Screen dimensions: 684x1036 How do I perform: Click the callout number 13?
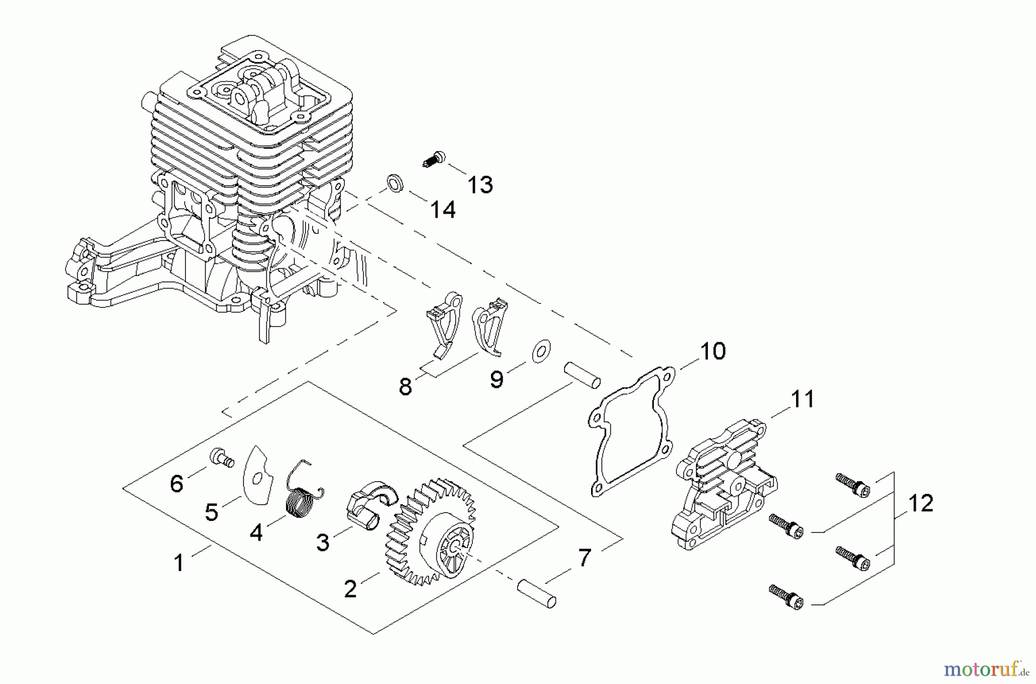click(479, 185)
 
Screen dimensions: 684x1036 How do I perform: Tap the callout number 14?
click(443, 210)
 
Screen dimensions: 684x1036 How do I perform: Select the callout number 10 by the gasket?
click(713, 351)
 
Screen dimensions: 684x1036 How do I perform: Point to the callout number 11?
click(802, 399)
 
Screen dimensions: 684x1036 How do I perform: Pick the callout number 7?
click(584, 558)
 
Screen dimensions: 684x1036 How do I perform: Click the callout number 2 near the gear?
click(350, 589)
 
